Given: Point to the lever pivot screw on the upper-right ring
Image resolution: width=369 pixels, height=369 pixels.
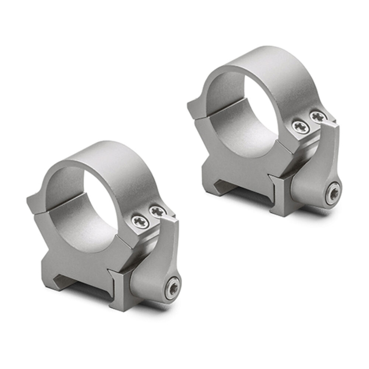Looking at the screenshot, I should click(334, 193).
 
